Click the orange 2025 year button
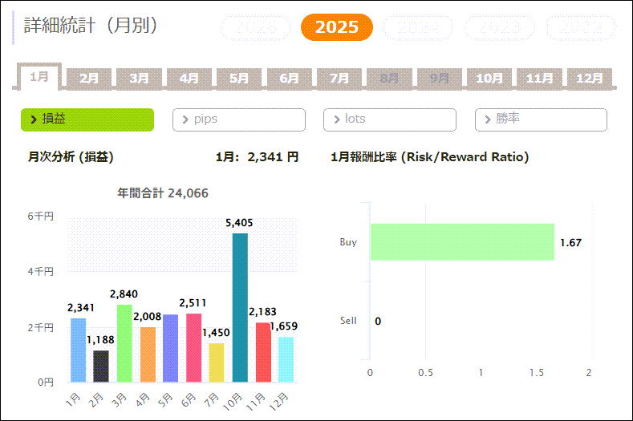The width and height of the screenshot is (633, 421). click(x=337, y=27)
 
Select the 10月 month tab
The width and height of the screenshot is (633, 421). click(x=489, y=78)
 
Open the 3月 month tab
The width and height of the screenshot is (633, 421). click(x=140, y=78)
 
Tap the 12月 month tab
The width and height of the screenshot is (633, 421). click(x=590, y=78)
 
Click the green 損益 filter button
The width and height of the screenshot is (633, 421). click(x=87, y=119)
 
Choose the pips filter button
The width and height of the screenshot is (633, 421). click(x=238, y=119)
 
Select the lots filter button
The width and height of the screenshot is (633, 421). click(x=389, y=119)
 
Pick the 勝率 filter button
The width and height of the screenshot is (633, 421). click(x=541, y=119)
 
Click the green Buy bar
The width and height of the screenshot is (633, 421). click(x=462, y=242)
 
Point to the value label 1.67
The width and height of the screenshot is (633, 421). click(x=570, y=243)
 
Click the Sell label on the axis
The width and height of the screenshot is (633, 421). click(x=348, y=321)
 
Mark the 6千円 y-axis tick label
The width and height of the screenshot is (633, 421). click(x=40, y=217)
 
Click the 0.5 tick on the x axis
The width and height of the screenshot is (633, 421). click(x=425, y=373)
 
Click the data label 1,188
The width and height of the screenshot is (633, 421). click(x=102, y=340)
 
